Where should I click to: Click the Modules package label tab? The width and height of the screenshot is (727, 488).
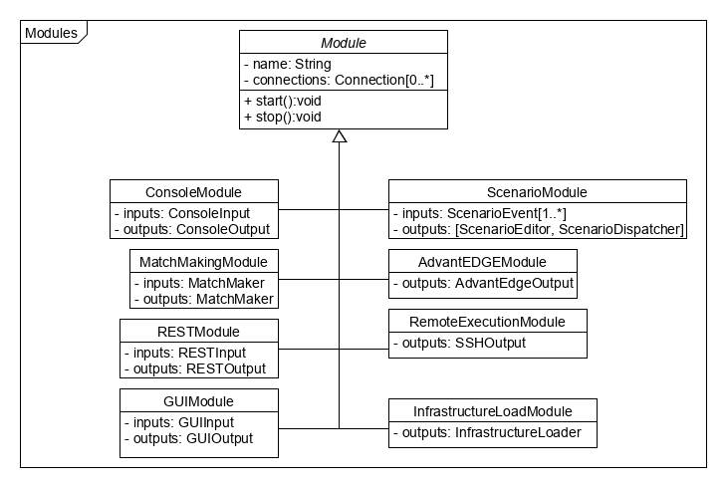point(50,33)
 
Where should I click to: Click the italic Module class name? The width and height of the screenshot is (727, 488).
point(343,44)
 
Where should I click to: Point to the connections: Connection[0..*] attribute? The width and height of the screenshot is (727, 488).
point(338,80)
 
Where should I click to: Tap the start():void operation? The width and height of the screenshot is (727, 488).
point(284,102)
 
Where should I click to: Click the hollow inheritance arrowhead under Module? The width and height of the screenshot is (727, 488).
point(340,136)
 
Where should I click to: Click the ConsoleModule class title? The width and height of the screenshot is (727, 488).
point(193,191)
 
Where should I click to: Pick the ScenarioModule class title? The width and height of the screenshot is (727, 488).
point(537,191)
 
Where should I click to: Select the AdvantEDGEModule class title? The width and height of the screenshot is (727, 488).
point(482,261)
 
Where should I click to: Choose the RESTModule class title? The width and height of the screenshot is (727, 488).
point(197,331)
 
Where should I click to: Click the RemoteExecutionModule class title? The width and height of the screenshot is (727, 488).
point(488,321)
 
